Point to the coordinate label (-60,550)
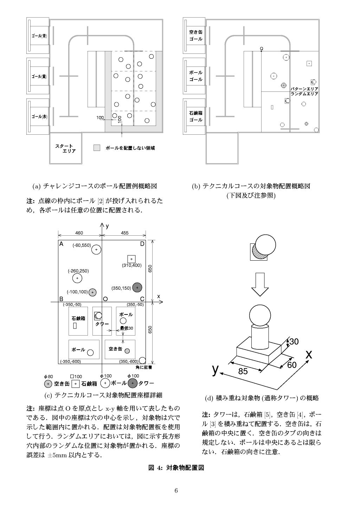(82, 245)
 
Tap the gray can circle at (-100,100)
(92, 292)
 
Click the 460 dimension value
(79, 233)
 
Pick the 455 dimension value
(124, 233)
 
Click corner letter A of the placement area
(61, 244)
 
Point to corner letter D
(142, 244)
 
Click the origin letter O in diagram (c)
(105, 299)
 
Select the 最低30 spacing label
(126, 328)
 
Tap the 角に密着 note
(143, 367)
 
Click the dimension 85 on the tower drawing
(243, 371)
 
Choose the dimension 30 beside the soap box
(294, 341)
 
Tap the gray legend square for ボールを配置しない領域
(97, 148)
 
